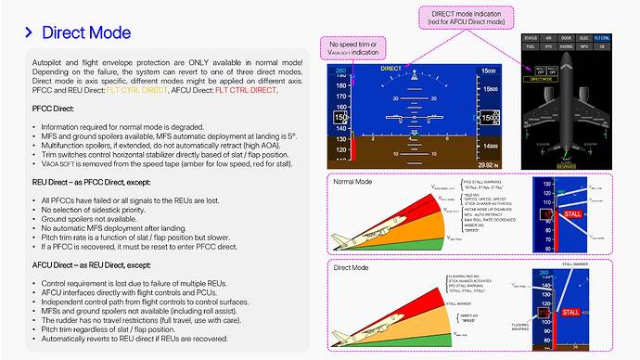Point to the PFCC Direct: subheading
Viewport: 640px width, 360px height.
(x=50, y=110)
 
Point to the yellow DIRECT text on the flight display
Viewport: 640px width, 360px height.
(x=390, y=69)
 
